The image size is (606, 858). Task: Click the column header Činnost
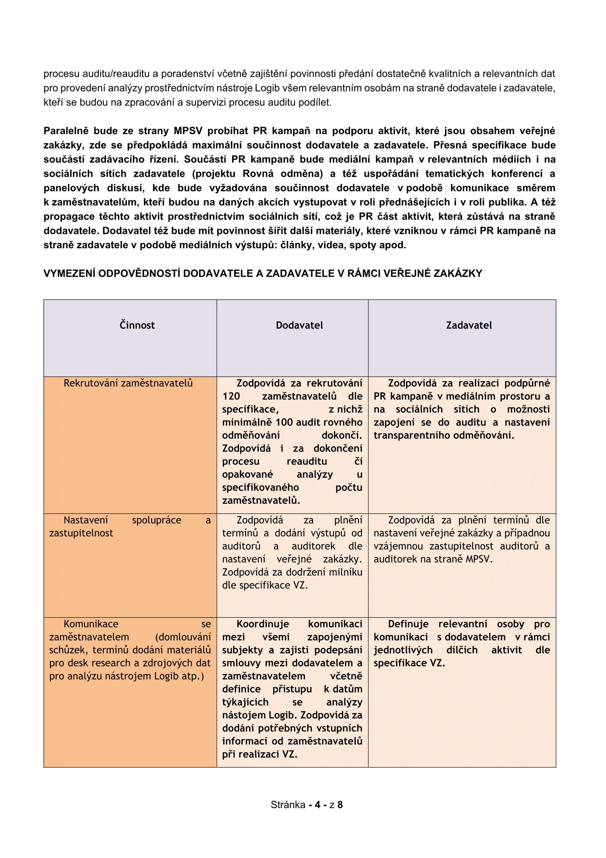pos(137,325)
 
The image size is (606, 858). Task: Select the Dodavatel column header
pos(299,325)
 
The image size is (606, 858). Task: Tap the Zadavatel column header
pos(469,325)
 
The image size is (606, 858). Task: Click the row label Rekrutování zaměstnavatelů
pos(128,383)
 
